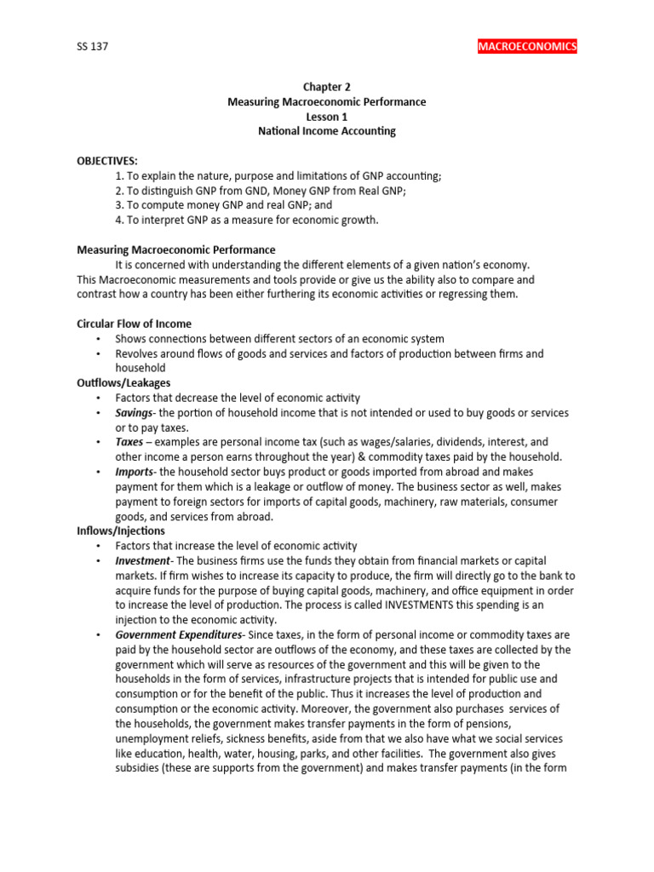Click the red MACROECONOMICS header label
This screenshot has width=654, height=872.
[527, 46]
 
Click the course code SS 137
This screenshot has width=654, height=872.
[92, 47]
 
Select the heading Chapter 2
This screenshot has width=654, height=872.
[327, 87]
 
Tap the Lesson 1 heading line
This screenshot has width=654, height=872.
[327, 117]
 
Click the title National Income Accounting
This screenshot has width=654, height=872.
[327, 131]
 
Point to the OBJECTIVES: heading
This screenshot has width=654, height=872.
[107, 161]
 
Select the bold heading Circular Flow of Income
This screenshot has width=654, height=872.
[134, 324]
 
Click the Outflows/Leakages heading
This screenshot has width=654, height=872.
[123, 383]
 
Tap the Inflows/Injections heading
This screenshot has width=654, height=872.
[122, 531]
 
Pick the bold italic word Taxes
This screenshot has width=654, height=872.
[129, 442]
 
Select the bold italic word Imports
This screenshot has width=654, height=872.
[135, 472]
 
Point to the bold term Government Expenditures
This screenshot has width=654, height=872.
[180, 634]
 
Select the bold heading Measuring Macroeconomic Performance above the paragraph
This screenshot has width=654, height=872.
[176, 250]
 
